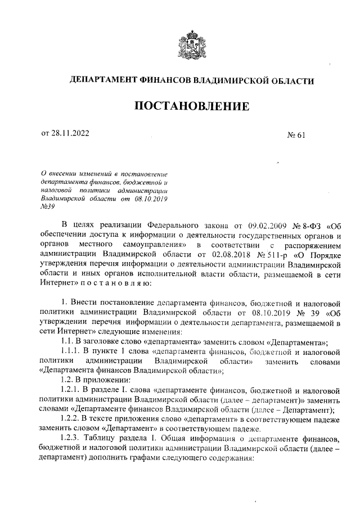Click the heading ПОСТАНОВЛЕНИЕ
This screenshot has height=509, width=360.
[x=190, y=106]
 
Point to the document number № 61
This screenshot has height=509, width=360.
[x=295, y=134]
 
